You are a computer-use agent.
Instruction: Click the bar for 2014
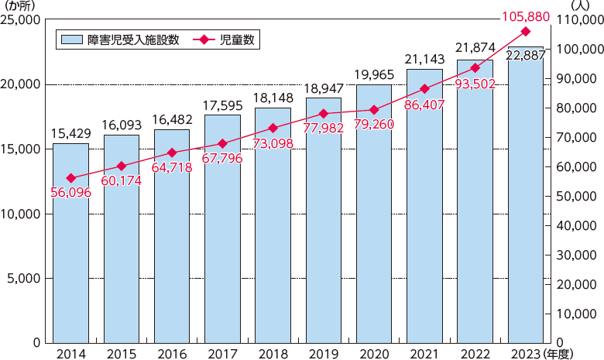[70, 243]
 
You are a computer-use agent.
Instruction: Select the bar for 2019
[324, 221]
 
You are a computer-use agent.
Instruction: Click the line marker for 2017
[222, 143]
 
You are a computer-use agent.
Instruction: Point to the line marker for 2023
[526, 31]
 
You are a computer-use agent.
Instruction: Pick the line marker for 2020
[374, 110]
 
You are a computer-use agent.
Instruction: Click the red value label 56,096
[70, 192]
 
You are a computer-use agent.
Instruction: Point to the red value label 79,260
[374, 125]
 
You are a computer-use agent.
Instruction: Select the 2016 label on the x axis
[172, 352]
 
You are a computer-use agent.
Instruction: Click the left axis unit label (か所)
[22, 7]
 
